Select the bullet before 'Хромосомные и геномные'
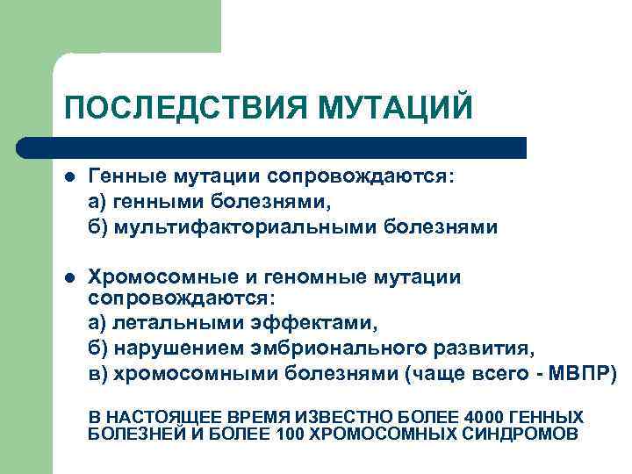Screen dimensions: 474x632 tap(71, 278)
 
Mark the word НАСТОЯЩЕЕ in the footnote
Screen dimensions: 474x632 tap(162, 416)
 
